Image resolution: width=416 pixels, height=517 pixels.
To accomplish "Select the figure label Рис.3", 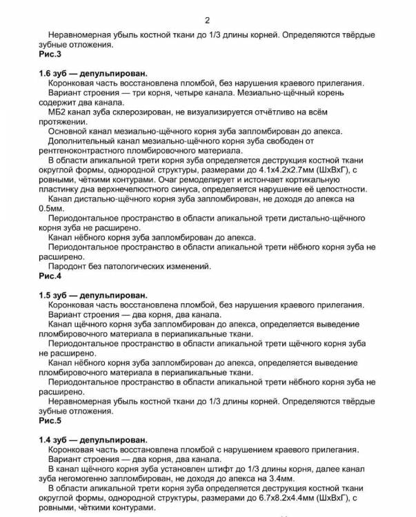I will (x=50, y=54).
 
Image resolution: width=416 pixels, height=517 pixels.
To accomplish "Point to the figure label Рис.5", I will (x=50, y=420).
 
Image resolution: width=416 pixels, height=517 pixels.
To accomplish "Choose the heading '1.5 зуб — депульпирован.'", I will (x=93, y=294).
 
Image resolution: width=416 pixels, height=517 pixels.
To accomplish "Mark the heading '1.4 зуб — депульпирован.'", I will (x=93, y=439).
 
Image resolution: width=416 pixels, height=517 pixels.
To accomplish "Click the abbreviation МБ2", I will (x=59, y=112).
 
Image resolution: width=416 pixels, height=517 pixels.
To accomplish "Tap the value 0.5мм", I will (x=54, y=207).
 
